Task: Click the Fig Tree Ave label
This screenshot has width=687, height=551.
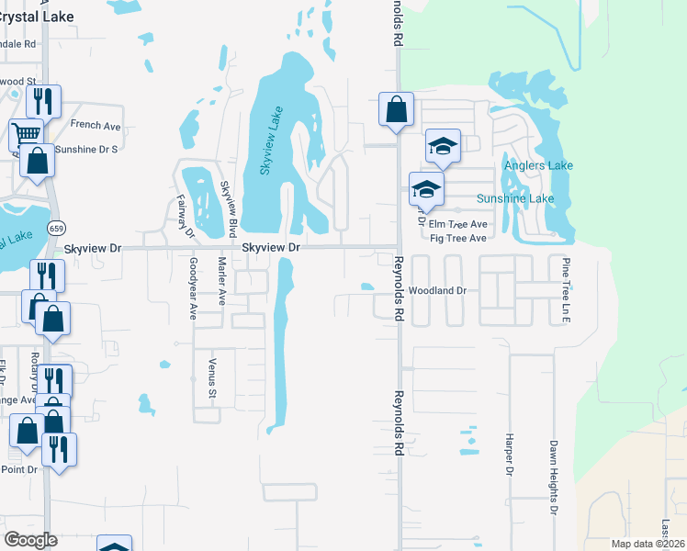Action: click(x=458, y=239)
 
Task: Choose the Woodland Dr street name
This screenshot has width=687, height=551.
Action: click(x=438, y=290)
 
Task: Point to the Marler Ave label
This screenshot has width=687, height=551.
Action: click(x=222, y=281)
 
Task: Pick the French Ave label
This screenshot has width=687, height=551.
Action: click(x=89, y=124)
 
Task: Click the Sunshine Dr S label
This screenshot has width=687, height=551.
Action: click(x=86, y=149)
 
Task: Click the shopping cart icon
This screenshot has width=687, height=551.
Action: click(x=26, y=133)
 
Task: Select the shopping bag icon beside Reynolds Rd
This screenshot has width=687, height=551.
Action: click(x=396, y=109)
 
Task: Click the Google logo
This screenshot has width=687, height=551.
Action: click(x=30, y=539)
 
